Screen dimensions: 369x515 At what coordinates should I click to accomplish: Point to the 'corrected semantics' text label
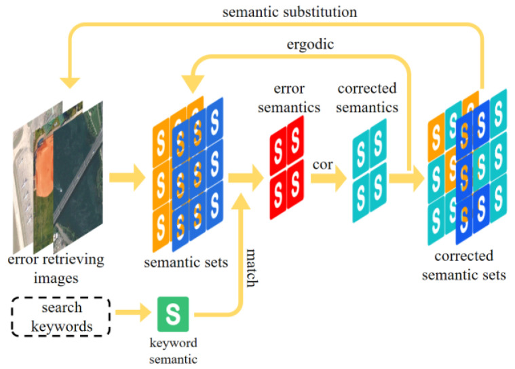click(x=367, y=98)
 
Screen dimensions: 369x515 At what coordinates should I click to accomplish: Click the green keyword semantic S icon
click(x=174, y=313)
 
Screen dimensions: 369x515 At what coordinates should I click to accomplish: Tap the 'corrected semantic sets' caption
click(x=463, y=266)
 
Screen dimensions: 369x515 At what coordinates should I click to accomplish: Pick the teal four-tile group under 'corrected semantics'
click(x=369, y=162)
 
